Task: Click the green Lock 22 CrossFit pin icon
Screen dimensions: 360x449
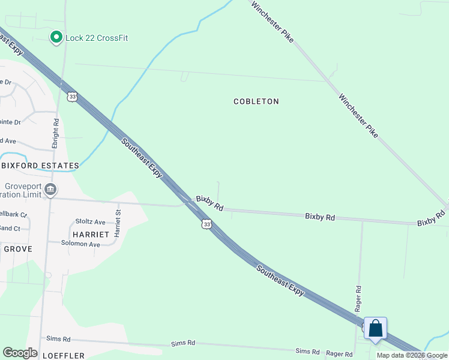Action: pos(56,38)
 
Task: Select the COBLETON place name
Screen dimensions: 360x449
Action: pos(256,101)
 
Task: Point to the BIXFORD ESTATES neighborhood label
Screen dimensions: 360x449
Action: pos(40,166)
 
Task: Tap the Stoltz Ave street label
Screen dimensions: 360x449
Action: pos(90,222)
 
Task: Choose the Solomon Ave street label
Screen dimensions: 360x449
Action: pos(81,244)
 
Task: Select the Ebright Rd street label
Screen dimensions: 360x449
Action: pos(55,133)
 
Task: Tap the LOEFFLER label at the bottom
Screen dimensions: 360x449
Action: pos(63,356)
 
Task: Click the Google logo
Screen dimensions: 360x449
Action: pos(20,353)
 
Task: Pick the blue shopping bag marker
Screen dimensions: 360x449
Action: pos(375,329)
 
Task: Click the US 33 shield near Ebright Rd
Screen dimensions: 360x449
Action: pos(73,97)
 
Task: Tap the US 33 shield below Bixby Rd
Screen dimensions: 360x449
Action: pos(206,224)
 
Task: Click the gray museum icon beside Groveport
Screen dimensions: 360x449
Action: pos(51,190)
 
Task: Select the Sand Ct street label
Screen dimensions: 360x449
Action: pos(10,229)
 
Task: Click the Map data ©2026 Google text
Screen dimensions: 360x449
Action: pos(411,355)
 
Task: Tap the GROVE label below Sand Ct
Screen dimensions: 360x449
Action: pos(17,248)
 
